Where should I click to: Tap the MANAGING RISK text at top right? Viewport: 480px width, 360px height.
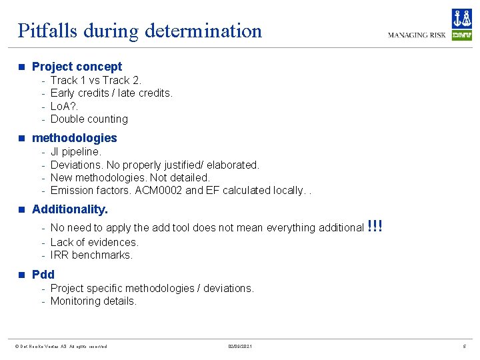tap(417, 35)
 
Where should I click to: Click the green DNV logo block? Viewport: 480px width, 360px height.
tap(461, 35)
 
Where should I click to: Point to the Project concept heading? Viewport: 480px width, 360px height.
tap(77, 67)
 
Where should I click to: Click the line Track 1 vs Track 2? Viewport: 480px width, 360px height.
tap(96, 80)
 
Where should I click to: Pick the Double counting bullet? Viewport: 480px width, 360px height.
tap(89, 119)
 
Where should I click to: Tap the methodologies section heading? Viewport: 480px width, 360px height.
tap(74, 138)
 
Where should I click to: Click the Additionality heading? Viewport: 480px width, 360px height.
tap(69, 209)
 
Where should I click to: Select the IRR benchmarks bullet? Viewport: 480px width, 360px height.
tap(91, 255)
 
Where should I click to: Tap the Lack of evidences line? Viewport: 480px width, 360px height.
tap(94, 242)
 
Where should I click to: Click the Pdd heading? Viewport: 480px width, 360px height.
tap(43, 274)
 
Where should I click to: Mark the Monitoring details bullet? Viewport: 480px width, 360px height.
tap(93, 301)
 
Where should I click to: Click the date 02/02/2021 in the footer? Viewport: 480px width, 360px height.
tap(239, 347)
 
